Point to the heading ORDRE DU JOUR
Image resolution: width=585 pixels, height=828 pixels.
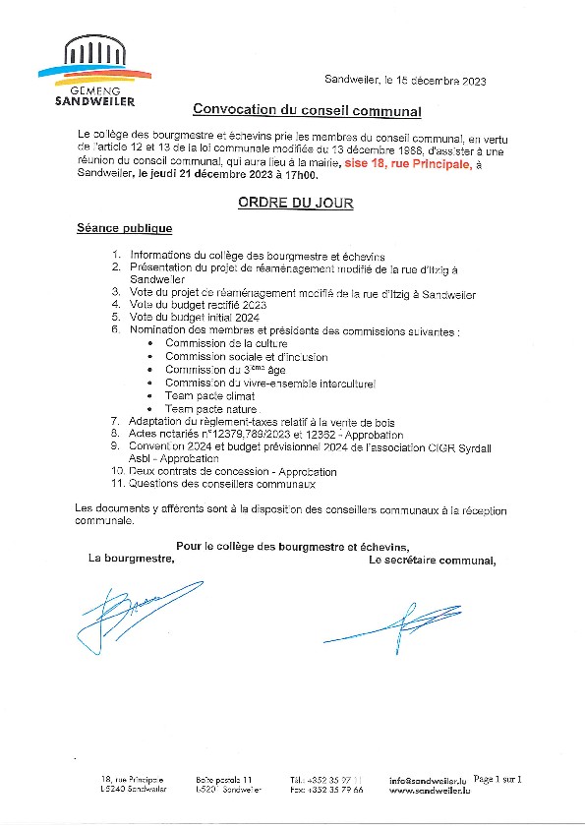click(294, 203)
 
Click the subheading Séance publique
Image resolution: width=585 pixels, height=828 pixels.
click(124, 228)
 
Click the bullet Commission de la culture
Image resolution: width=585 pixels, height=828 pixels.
click(226, 343)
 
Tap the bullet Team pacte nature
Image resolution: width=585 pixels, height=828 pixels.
click(210, 408)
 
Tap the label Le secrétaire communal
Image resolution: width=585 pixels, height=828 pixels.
click(432, 561)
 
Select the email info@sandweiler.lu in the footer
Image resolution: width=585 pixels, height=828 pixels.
click(430, 781)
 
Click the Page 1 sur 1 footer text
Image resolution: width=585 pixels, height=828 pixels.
click(497, 779)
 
